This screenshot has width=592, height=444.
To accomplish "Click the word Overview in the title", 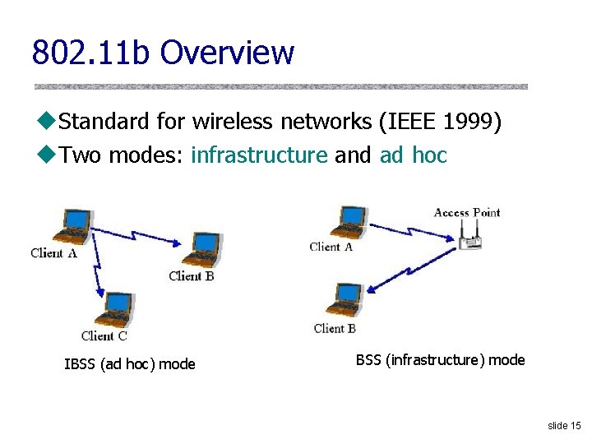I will pyautogui.click(x=227, y=53).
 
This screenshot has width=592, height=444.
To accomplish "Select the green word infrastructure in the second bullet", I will pyautogui.click(x=259, y=155).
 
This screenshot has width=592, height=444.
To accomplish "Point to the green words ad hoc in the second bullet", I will pyautogui.click(x=413, y=155).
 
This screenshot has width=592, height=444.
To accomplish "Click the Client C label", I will pyautogui.click(x=104, y=335).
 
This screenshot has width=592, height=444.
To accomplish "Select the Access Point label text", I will pyautogui.click(x=466, y=212).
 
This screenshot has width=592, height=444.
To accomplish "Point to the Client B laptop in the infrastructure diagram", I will pyautogui.click(x=345, y=301).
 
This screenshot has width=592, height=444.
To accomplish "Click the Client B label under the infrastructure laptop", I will pyautogui.click(x=335, y=328).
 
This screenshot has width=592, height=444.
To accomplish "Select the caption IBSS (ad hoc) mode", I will pyautogui.click(x=130, y=363).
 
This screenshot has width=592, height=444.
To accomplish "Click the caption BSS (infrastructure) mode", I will pyautogui.click(x=440, y=359).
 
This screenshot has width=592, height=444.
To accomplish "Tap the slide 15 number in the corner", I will pyautogui.click(x=564, y=425).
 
